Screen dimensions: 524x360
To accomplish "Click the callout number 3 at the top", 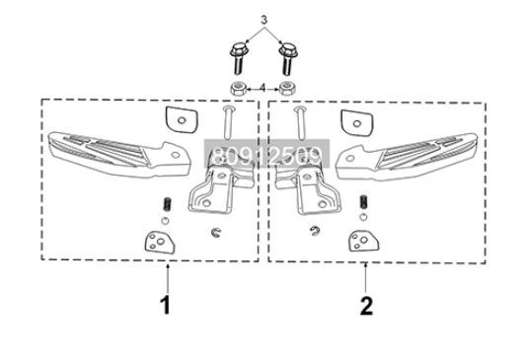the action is tap(262, 20).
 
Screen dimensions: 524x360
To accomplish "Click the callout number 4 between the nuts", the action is tap(262, 88).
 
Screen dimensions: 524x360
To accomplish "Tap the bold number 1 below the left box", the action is tap(165, 305).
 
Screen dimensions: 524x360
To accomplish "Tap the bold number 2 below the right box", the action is tap(366, 306).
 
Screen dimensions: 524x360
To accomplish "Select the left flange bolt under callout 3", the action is tap(239, 58).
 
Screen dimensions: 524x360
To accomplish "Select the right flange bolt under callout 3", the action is tap(289, 58).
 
